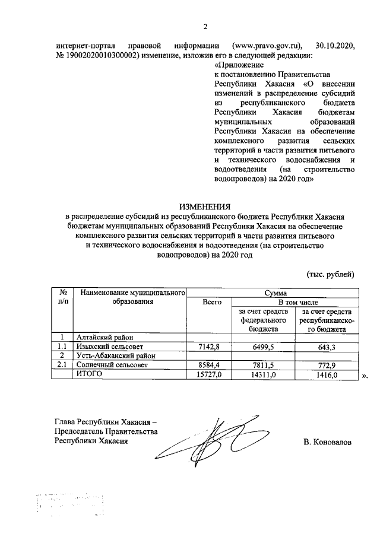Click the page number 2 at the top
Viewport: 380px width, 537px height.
[205, 26]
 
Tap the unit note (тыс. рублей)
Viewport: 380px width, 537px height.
[330, 274]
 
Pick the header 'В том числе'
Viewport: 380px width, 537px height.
[294, 302]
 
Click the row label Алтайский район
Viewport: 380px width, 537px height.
[101, 337]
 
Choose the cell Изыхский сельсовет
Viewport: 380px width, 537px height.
[110, 347]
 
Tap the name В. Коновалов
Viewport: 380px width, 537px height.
[327, 442]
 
